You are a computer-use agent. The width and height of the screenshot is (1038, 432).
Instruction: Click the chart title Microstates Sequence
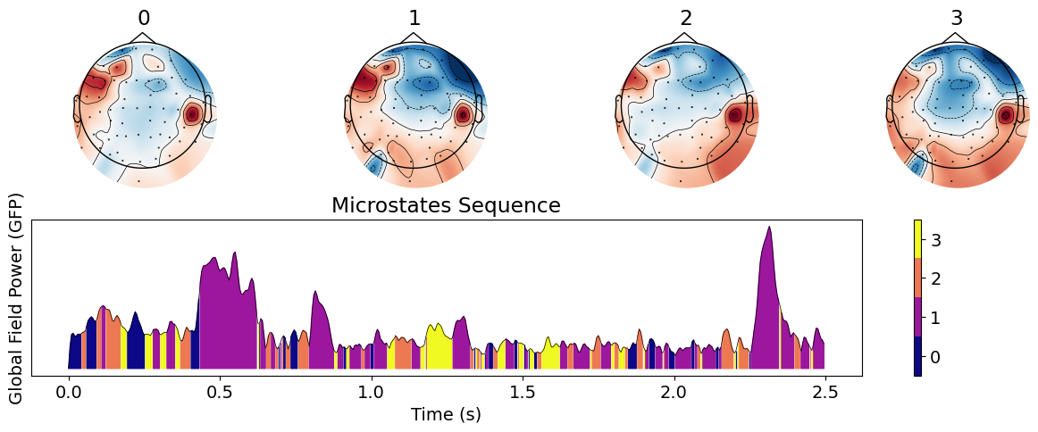tap(446, 206)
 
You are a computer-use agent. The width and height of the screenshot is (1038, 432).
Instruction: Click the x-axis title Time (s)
tap(446, 414)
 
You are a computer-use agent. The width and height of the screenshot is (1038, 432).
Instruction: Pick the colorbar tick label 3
tap(936, 239)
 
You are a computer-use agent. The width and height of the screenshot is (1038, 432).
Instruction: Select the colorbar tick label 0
tap(936, 357)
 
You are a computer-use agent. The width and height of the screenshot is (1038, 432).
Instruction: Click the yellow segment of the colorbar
tap(917, 239)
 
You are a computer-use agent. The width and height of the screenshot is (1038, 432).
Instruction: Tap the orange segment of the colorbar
tap(917, 278)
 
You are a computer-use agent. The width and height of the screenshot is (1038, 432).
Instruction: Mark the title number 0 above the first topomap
tap(144, 19)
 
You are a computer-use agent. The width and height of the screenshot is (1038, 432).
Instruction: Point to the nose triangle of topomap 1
tap(414, 37)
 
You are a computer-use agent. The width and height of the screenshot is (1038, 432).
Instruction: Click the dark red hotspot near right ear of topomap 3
tap(1006, 115)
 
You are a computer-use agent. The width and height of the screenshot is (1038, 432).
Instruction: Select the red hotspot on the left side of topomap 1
tap(364, 82)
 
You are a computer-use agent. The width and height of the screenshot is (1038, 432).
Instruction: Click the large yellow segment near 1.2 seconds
tap(438, 348)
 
